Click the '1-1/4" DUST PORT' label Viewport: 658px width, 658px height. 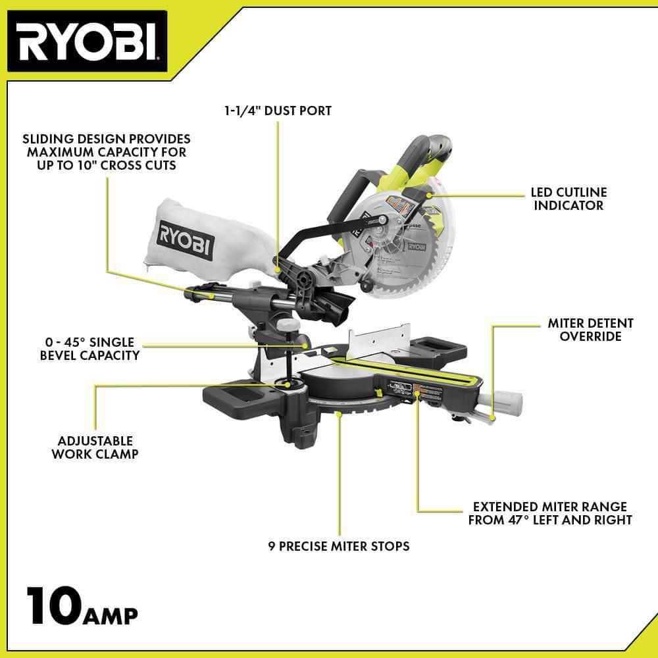click(277, 111)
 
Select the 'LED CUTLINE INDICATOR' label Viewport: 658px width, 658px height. click(569, 199)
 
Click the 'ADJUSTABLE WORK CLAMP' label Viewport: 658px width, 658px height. click(95, 447)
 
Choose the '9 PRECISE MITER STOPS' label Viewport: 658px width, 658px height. click(339, 545)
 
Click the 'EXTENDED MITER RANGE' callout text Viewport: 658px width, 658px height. click(549, 513)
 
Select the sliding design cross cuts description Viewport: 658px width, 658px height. click(106, 152)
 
